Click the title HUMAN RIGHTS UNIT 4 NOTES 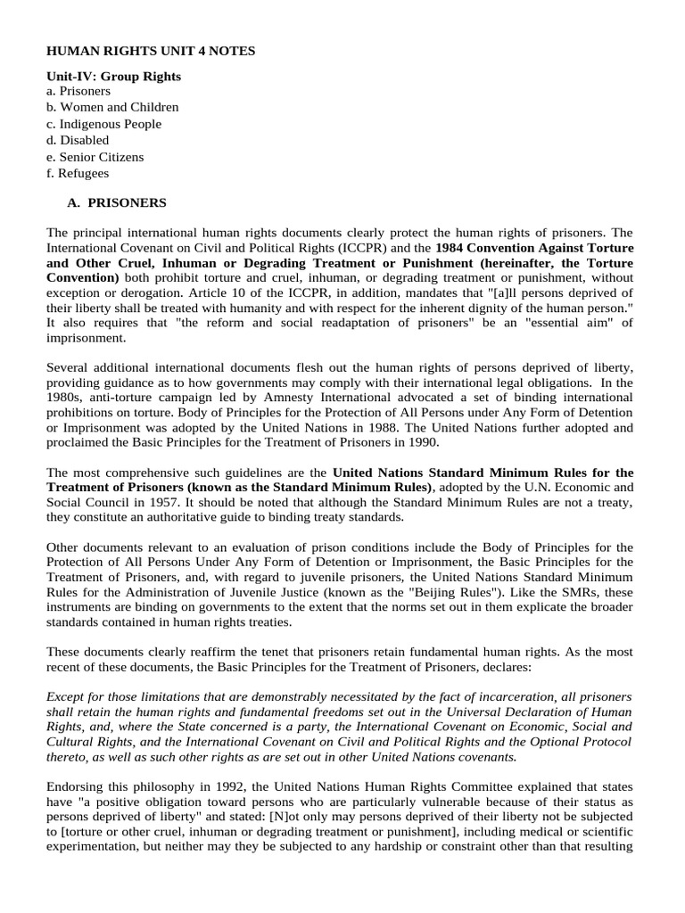(x=151, y=52)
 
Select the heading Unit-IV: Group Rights (x=113, y=77)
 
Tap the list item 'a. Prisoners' (x=78, y=91)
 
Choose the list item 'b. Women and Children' (x=112, y=107)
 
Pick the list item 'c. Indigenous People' (x=103, y=124)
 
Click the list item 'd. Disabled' (x=78, y=140)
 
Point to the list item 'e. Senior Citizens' (x=95, y=157)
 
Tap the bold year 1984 (x=453, y=247)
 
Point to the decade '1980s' (x=63, y=397)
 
